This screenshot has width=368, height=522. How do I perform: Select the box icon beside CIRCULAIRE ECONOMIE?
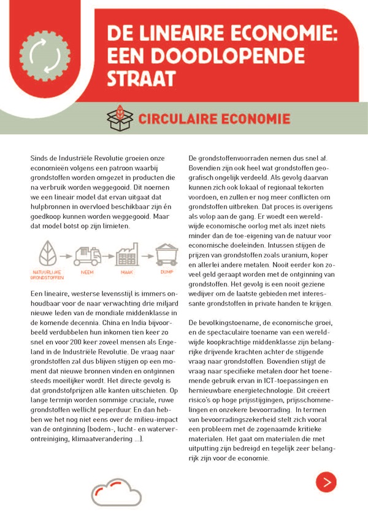pos(119,118)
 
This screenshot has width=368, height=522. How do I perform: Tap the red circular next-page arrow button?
pos(326,482)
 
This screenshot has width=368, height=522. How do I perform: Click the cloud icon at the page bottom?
pos(116,491)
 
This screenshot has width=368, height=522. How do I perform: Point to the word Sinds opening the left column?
pos(40,159)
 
